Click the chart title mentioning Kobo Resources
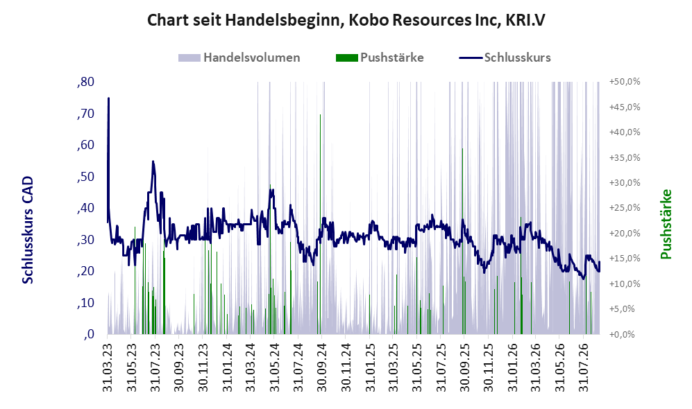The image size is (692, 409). (346, 20)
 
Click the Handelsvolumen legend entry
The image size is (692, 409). (239, 58)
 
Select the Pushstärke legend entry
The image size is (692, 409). (380, 58)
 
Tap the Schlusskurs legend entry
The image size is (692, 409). (505, 58)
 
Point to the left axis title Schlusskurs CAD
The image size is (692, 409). (28, 230)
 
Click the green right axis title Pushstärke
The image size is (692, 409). (666, 225)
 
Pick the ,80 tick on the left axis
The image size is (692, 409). (85, 82)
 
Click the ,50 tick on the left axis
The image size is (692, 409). (85, 177)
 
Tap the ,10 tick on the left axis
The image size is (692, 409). (85, 303)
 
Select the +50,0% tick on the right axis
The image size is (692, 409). (625, 82)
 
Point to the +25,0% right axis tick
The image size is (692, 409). (625, 208)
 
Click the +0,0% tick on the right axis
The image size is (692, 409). (623, 334)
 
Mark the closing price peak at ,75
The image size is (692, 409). (108, 98)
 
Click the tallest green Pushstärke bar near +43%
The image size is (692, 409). (321, 225)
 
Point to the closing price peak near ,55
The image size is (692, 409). (153, 162)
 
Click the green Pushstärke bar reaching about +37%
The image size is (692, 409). (462, 241)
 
